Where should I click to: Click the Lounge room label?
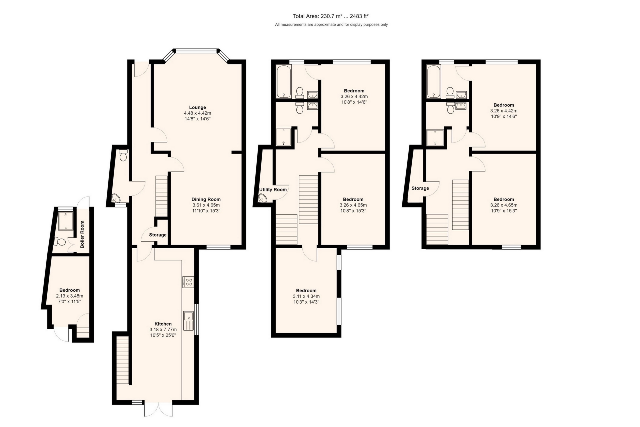(x=197, y=107)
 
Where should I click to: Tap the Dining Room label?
(x=206, y=199)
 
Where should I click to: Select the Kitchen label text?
(x=163, y=324)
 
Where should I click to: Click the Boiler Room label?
(x=82, y=234)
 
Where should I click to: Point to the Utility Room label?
(x=273, y=189)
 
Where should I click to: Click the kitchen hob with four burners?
(x=188, y=282)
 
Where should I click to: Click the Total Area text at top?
(x=330, y=16)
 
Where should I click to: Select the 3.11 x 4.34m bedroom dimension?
(x=306, y=296)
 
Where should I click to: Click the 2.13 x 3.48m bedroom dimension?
(x=69, y=296)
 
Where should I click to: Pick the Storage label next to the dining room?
(x=158, y=235)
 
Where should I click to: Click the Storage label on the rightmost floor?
(x=420, y=188)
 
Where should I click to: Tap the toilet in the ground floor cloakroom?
(x=123, y=155)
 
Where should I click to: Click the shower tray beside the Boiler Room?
(x=65, y=221)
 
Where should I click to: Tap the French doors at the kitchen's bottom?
(x=158, y=409)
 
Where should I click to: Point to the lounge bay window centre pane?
(x=196, y=51)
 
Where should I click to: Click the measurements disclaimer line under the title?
(x=331, y=25)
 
